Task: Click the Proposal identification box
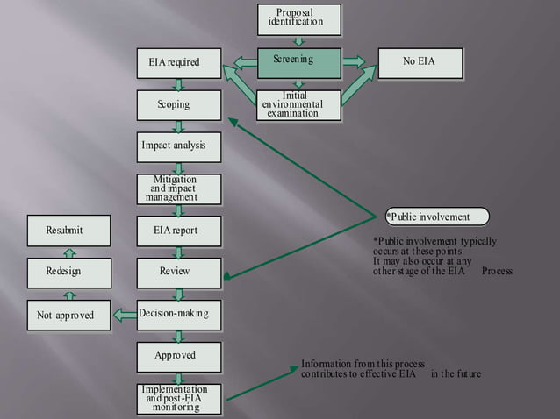298,18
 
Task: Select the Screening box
298,60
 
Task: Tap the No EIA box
419,62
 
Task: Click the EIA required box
178,63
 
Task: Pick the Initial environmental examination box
298,104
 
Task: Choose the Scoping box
178,105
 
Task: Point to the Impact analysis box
178,146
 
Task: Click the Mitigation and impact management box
178,189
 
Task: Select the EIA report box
178,231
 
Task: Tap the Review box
178,272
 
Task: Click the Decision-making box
178,314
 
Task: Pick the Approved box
178,356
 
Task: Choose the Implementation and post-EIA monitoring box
178,398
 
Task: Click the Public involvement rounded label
436,217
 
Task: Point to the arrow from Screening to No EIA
354,61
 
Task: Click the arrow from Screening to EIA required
242,61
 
